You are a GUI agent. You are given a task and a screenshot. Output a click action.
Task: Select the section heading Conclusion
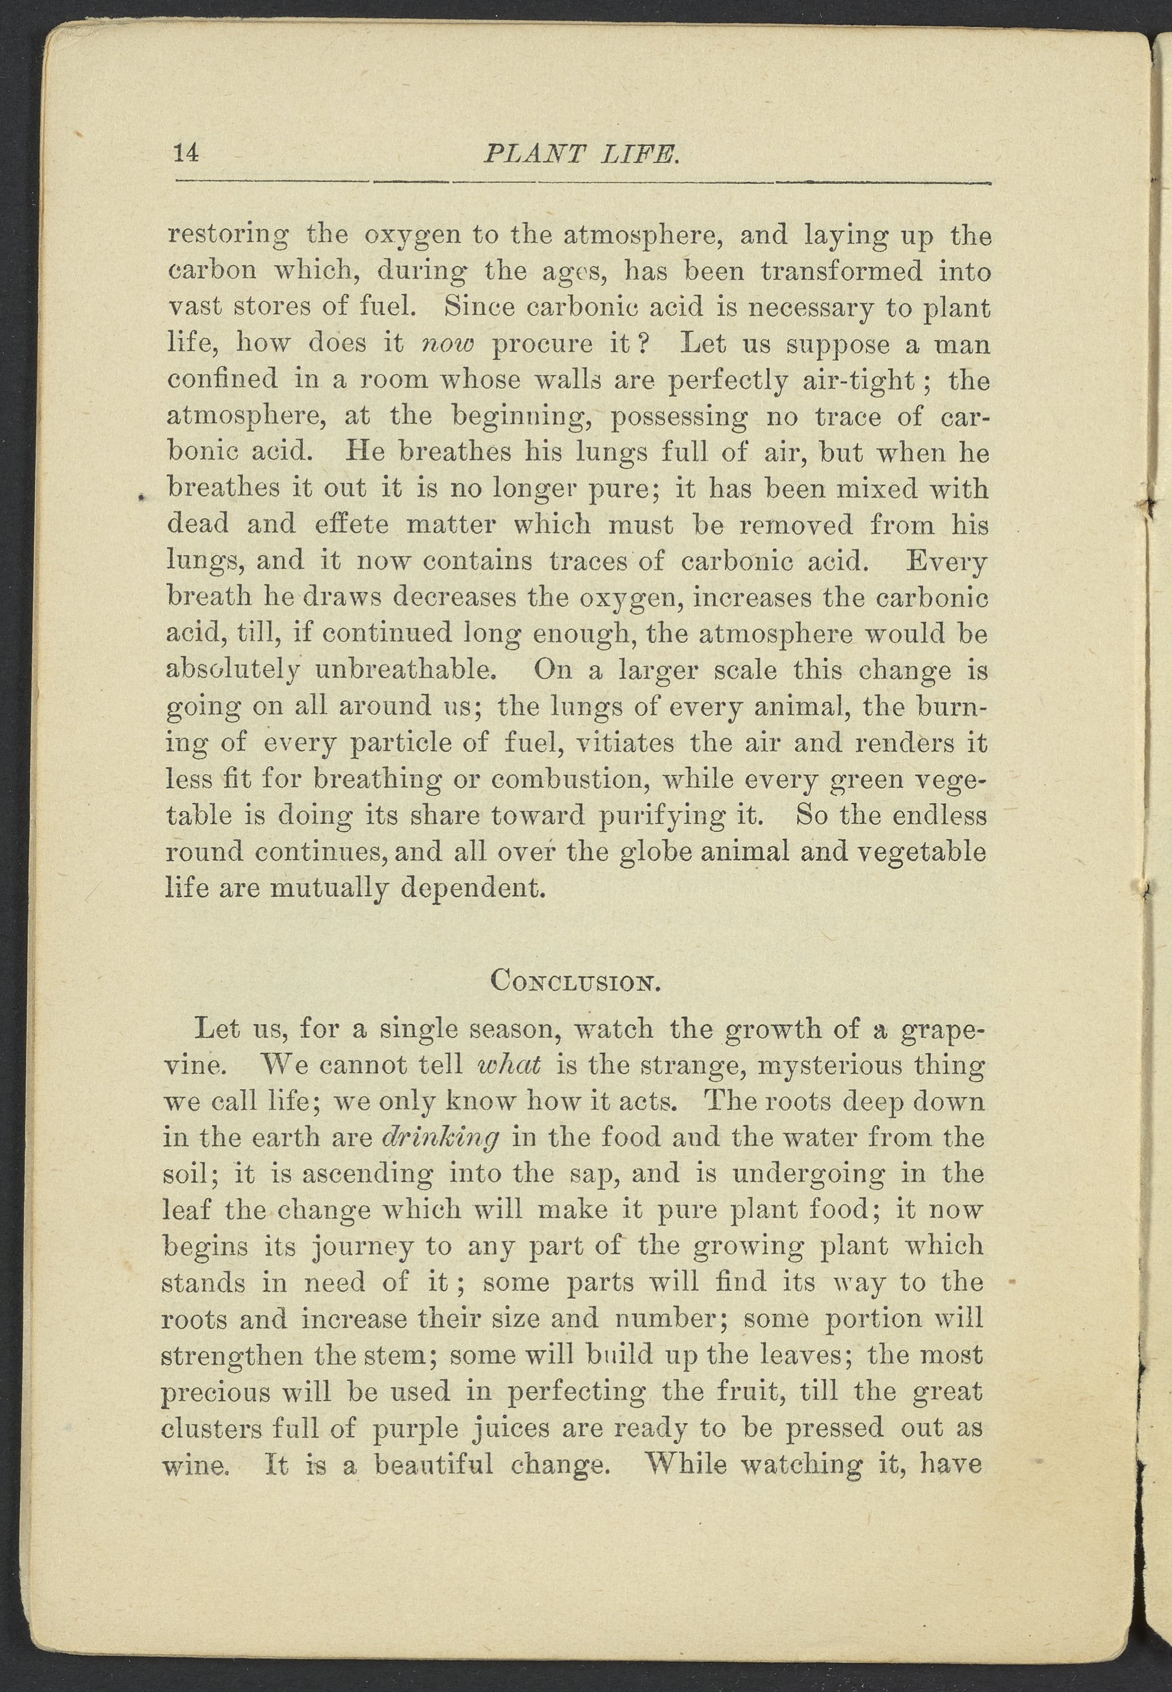(576, 981)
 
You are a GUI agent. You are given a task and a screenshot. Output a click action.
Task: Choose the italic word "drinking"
(440, 1137)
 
